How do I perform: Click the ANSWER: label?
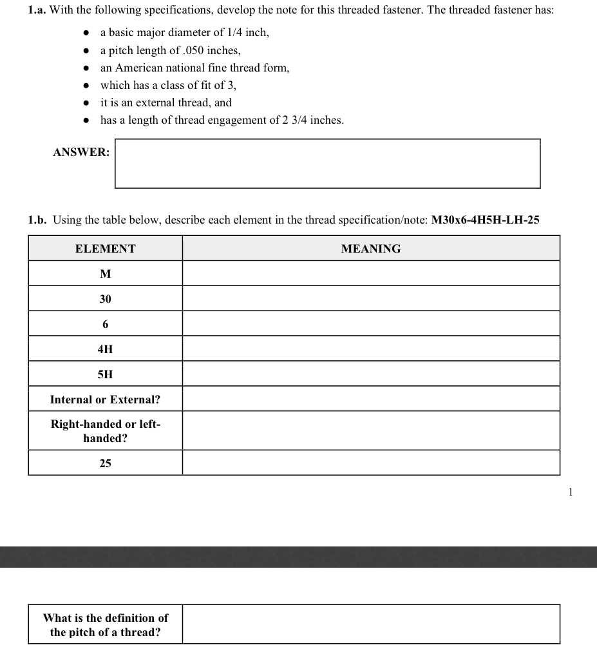click(x=81, y=153)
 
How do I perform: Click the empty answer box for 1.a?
click(x=327, y=164)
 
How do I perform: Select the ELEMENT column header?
click(x=106, y=249)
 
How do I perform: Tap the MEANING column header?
click(x=370, y=249)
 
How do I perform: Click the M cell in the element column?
click(x=106, y=274)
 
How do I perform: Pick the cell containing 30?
click(x=106, y=299)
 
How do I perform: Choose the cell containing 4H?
click(x=106, y=349)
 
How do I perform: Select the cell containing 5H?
click(x=106, y=374)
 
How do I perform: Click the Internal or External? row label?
click(x=106, y=400)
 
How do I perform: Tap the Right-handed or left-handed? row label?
click(x=106, y=431)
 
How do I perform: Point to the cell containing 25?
click(x=106, y=463)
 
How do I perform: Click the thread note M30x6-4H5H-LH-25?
click(x=485, y=220)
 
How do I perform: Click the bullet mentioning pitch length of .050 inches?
click(x=171, y=50)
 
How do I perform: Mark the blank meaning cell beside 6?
click(x=370, y=324)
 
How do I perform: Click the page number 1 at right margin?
click(x=570, y=492)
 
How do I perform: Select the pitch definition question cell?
click(x=106, y=624)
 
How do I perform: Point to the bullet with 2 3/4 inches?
click(x=222, y=120)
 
